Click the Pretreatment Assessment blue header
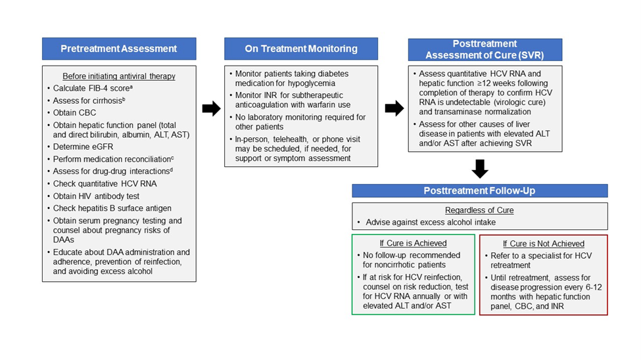[x=119, y=49]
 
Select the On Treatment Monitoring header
[x=301, y=49]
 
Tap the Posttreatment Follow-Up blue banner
[x=479, y=191]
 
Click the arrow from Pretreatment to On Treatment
[x=211, y=108]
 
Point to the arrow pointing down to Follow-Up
[x=480, y=168]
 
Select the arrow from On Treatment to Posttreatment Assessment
[x=394, y=108]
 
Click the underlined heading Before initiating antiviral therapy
[x=119, y=76]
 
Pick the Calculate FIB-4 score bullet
[x=93, y=88]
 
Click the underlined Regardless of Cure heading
[x=479, y=210]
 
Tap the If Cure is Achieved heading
[x=414, y=243]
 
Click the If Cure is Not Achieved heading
[x=544, y=244]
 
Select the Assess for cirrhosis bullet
[x=89, y=101]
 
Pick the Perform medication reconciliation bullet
[x=113, y=159]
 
